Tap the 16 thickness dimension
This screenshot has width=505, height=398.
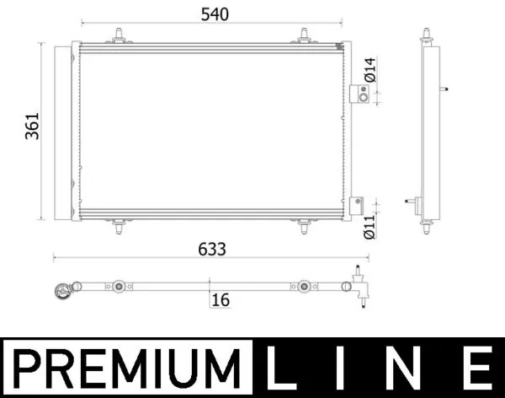click(x=221, y=299)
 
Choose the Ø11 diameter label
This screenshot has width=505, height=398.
click(x=369, y=225)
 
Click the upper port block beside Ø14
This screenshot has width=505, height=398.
click(x=359, y=94)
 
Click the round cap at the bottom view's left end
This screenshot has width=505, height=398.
click(x=61, y=290)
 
